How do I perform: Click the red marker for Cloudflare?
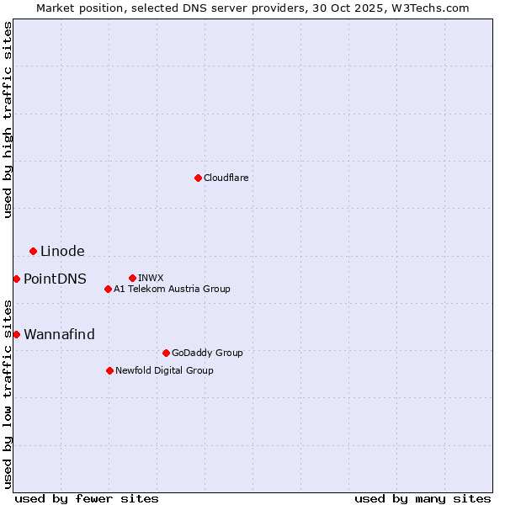point(198,178)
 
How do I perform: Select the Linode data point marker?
point(33,251)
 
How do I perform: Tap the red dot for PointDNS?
point(16,279)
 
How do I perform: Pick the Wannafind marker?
point(16,334)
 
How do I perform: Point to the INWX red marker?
point(132,278)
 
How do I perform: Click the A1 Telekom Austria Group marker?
point(108,289)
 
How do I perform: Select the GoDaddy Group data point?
point(166,353)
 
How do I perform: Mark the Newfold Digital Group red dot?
point(109,370)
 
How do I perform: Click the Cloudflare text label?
point(226,178)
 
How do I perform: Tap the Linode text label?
point(62,251)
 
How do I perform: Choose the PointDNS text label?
point(55,279)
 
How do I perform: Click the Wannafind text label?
point(59,334)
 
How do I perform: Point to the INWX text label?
point(151,278)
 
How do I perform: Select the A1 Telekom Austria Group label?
point(172,289)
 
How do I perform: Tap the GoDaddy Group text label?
point(206,353)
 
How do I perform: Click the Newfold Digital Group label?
point(164,370)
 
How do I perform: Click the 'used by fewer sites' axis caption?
point(87,498)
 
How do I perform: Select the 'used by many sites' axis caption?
point(423,498)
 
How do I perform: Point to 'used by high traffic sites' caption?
point(8,120)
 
